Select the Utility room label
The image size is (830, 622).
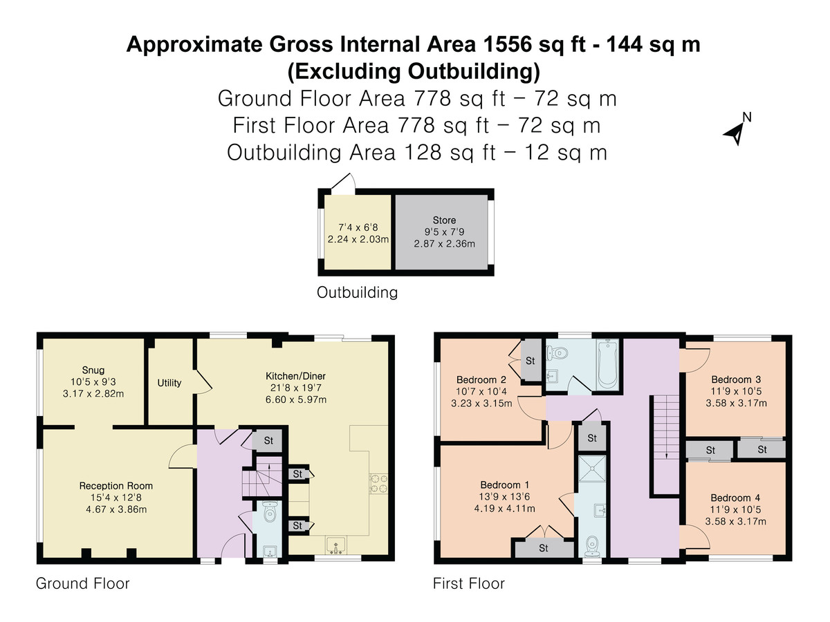tap(169, 382)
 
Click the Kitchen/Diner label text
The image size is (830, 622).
tap(296, 376)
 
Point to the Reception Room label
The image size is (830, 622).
tap(116, 486)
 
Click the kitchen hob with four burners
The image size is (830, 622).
tap(380, 482)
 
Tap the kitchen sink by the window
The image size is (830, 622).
tap(337, 545)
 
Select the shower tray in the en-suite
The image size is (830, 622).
tap(591, 469)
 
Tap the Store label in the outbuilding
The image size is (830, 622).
tap(444, 220)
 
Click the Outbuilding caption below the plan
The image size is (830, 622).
tap(357, 292)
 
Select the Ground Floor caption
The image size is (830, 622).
tap(82, 583)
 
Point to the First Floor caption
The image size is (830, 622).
tap(468, 583)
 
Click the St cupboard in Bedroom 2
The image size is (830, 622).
tap(531, 361)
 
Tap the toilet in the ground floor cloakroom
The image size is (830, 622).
tap(270, 514)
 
